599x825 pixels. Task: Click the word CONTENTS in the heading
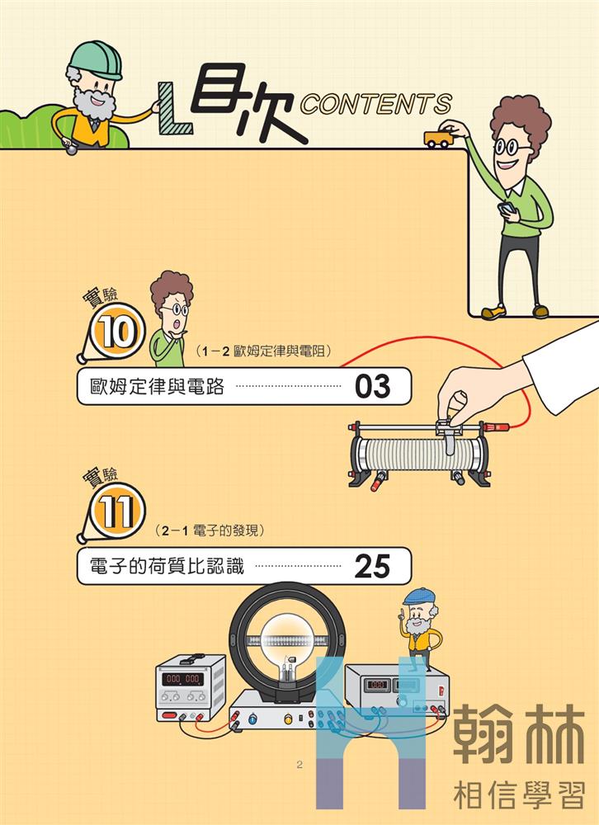(x=376, y=104)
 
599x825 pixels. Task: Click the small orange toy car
(x=438, y=139)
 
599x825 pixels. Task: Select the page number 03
(x=372, y=386)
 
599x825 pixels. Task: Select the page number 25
(x=372, y=566)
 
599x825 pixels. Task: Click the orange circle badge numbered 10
(x=117, y=332)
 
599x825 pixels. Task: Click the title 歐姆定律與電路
(x=157, y=387)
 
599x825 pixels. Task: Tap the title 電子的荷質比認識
(x=167, y=567)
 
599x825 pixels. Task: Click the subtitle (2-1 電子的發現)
(x=210, y=530)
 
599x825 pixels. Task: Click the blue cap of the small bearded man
(x=419, y=596)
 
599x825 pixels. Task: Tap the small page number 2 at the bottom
(x=299, y=765)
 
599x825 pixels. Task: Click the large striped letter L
(x=173, y=108)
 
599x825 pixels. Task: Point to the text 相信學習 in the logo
(x=519, y=795)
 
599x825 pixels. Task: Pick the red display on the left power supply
(x=182, y=679)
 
